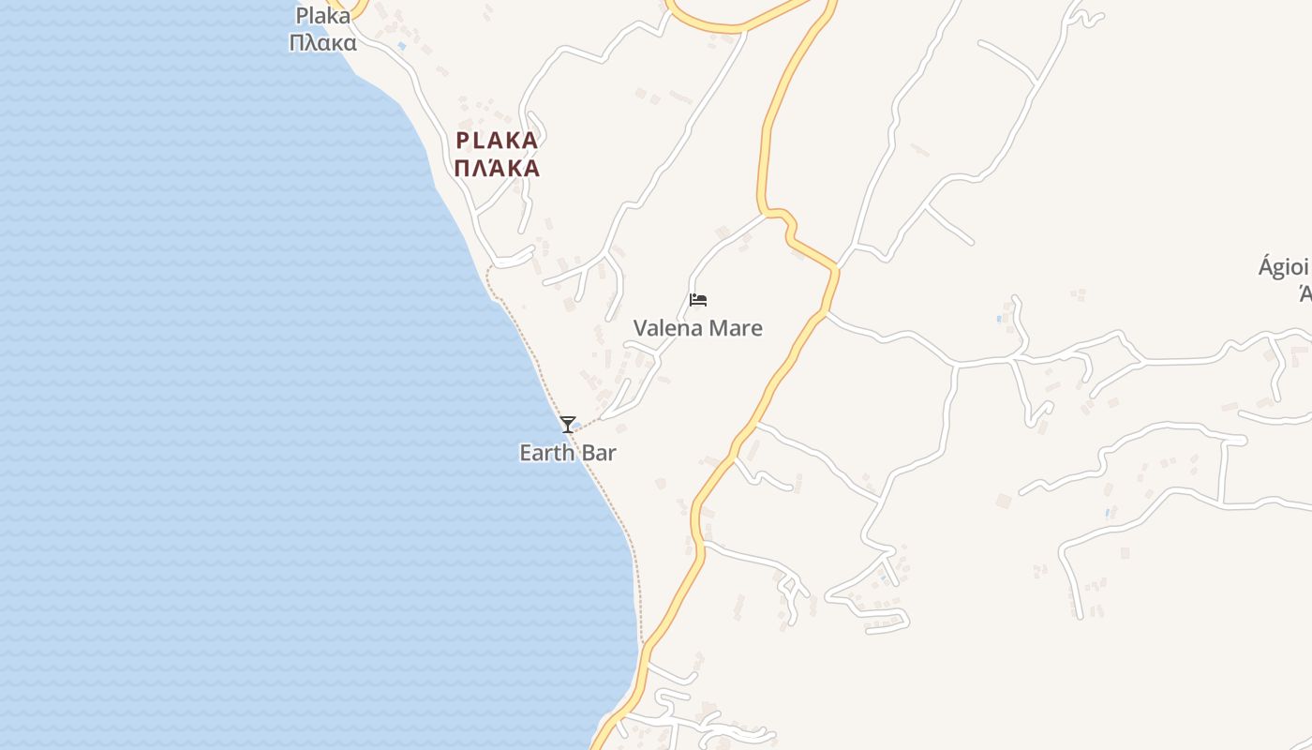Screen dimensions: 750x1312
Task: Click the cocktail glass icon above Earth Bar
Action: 567,425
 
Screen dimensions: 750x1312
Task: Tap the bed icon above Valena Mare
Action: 697,300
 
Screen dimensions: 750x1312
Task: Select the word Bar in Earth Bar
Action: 597,453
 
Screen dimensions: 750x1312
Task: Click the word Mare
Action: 736,328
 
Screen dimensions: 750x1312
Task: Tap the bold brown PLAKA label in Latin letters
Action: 497,142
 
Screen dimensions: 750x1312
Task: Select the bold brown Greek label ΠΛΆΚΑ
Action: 497,169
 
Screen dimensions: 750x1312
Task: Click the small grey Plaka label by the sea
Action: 322,16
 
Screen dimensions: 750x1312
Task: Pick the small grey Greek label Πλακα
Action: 322,43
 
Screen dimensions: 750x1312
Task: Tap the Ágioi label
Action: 1284,267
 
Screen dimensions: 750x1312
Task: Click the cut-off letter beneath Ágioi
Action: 1305,294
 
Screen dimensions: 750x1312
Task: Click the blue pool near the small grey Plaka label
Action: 402,46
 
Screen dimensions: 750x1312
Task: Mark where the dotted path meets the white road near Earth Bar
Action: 601,418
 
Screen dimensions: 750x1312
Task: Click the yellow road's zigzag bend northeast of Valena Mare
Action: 783,220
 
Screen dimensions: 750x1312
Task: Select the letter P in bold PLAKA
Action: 461,142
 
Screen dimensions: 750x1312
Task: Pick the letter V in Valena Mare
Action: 641,328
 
